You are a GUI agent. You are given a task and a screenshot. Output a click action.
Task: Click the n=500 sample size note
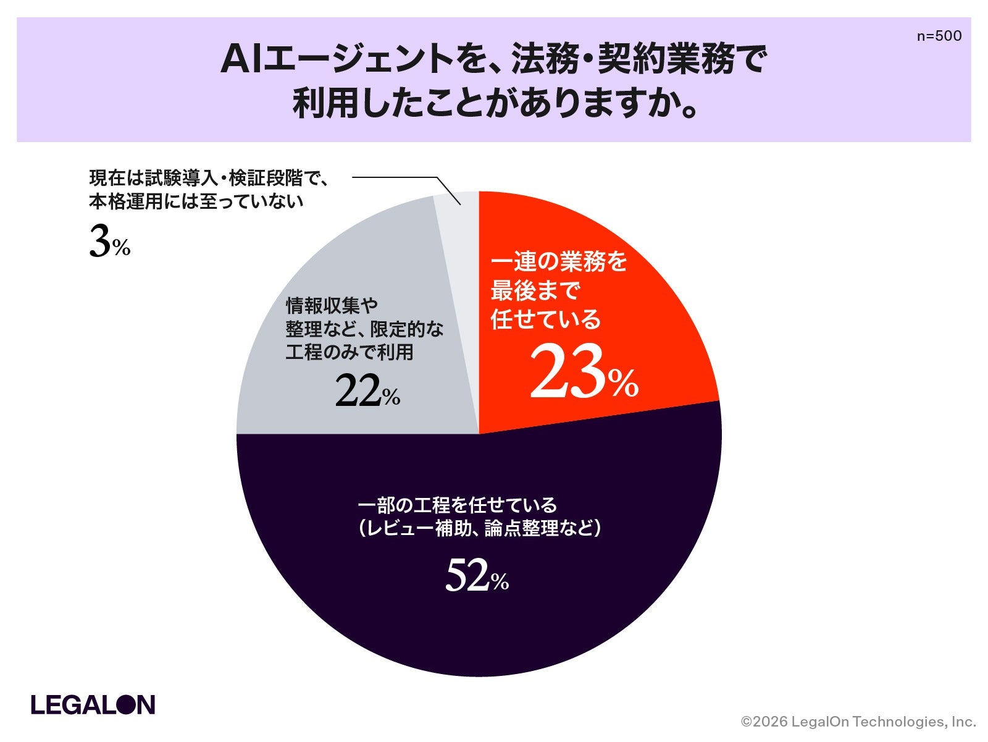pyautogui.click(x=939, y=36)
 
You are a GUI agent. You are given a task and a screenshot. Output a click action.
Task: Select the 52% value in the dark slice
pyautogui.click(x=477, y=575)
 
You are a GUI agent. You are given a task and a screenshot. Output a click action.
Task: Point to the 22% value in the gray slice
pyautogui.click(x=367, y=391)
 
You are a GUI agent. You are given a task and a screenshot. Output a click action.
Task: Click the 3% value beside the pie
pyautogui.click(x=110, y=242)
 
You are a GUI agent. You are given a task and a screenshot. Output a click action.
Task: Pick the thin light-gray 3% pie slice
pyautogui.click(x=459, y=288)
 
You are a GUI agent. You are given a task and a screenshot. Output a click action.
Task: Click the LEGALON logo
pyautogui.click(x=93, y=705)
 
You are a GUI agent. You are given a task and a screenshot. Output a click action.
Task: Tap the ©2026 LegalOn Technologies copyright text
pyautogui.click(x=858, y=722)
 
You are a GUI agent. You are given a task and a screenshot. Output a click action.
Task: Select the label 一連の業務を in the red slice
pyautogui.click(x=559, y=261)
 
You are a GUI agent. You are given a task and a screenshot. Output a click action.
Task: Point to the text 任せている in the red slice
pyautogui.click(x=546, y=319)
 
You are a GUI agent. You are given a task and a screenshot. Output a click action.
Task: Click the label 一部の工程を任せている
pyautogui.click(x=458, y=505)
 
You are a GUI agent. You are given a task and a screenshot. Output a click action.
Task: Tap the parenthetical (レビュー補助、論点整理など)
pyautogui.click(x=479, y=528)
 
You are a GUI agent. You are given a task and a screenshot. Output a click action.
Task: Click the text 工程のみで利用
pyautogui.click(x=350, y=352)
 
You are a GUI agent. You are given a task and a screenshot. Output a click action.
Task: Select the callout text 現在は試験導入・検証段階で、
pyautogui.click(x=209, y=179)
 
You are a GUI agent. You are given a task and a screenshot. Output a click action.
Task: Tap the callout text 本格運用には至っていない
pyautogui.click(x=196, y=201)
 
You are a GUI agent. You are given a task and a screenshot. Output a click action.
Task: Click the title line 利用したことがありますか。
pyautogui.click(x=495, y=104)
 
